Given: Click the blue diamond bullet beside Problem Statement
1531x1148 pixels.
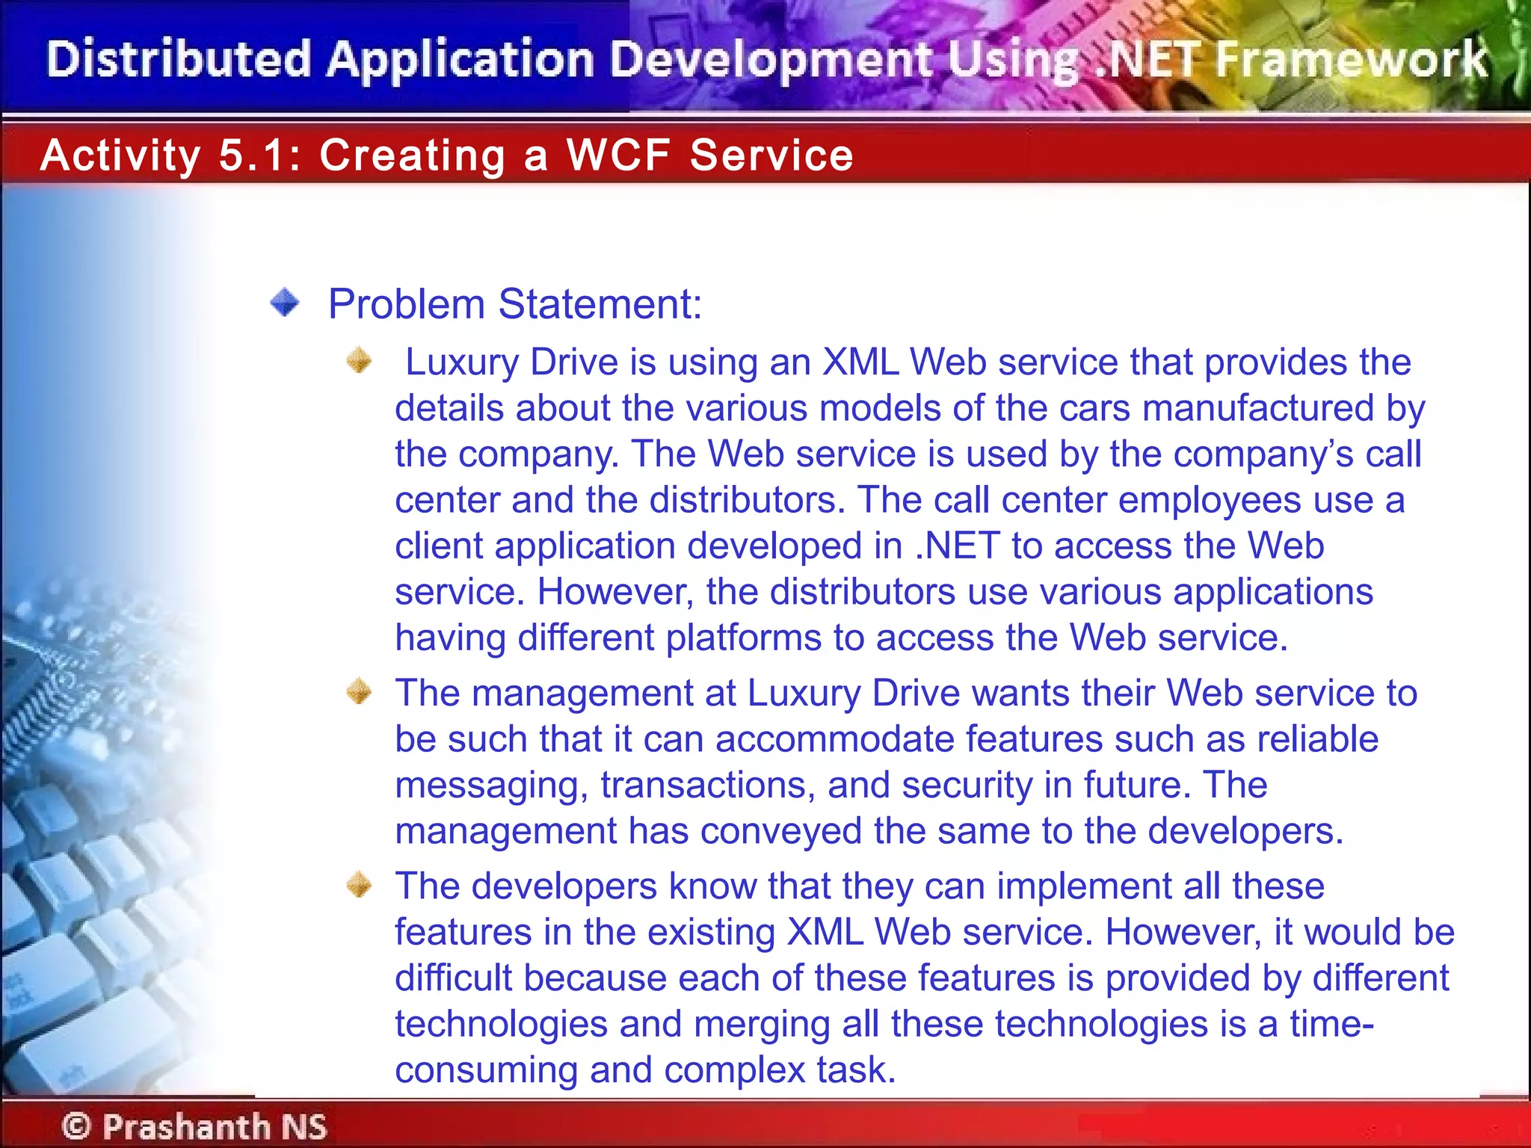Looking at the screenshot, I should tap(284, 303).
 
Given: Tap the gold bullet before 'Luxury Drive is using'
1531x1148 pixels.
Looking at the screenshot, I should tap(360, 360).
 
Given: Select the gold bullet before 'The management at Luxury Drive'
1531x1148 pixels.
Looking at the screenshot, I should tap(360, 691).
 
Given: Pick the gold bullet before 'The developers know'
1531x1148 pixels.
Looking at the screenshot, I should tap(360, 884).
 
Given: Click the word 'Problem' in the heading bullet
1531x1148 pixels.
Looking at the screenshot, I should tap(407, 304).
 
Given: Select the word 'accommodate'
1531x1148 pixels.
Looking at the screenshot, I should tap(834, 739).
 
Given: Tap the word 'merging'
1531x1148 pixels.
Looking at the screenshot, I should tap(762, 1024).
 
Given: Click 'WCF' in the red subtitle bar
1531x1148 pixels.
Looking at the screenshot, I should tap(618, 155).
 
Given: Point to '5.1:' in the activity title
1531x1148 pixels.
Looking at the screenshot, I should tap(259, 155).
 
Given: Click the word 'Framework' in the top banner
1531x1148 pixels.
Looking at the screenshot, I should tap(1351, 60).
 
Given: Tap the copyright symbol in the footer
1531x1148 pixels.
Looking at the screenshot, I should tap(76, 1126).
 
